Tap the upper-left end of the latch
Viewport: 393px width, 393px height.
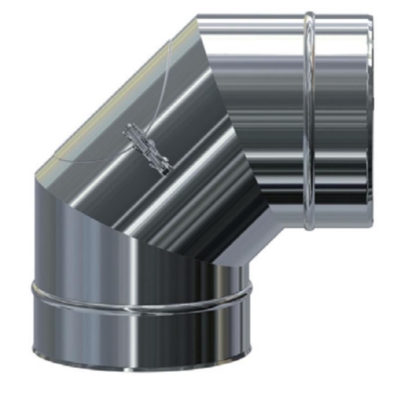(x=129, y=134)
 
